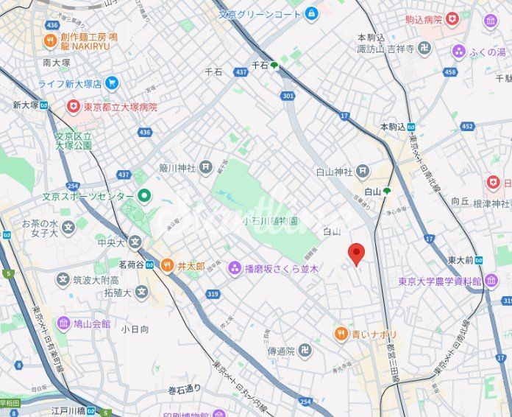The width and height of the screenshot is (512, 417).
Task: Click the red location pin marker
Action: pos(357,253)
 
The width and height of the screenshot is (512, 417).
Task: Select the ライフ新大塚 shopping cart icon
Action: pos(112,83)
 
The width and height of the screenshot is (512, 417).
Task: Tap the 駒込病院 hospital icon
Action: pos(452,19)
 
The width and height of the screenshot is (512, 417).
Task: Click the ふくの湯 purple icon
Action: pos(459,51)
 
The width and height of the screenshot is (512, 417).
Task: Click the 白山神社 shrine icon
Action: pos(362,172)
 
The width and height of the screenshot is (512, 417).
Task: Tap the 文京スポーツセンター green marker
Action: pos(144,196)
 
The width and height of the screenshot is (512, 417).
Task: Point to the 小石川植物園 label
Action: pos(270,220)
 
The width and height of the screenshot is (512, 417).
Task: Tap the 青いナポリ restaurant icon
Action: pos(340,334)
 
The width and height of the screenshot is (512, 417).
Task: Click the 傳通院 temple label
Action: pos(281,351)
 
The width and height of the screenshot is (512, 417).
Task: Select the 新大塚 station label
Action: pos(24,105)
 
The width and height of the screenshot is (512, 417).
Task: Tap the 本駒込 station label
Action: pos(393,127)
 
